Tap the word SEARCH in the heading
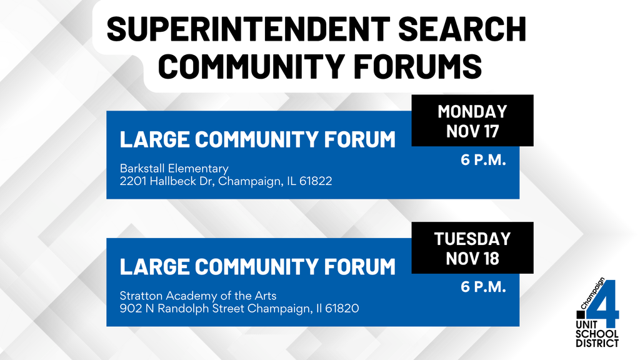pyautogui.click(x=462, y=29)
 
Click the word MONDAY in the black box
pyautogui.click(x=472, y=112)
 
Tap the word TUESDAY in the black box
pyautogui.click(x=472, y=239)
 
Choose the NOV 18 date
pyautogui.click(x=472, y=257)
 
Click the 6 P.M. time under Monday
pyautogui.click(x=483, y=160)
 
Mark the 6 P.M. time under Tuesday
pyautogui.click(x=483, y=287)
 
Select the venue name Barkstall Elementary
pyautogui.click(x=174, y=169)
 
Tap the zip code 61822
pyautogui.click(x=315, y=181)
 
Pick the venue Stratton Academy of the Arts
pyautogui.click(x=198, y=296)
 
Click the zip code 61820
pyautogui.click(x=341, y=308)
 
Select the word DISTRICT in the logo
pyautogui.click(x=597, y=342)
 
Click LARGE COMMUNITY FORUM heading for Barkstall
pyautogui.click(x=257, y=139)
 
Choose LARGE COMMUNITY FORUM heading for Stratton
pyautogui.click(x=257, y=266)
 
